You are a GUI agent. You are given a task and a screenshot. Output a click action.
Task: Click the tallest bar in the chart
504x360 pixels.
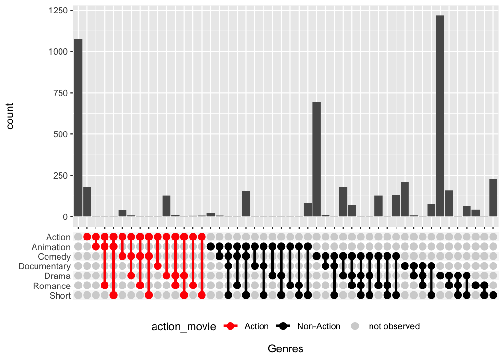(x=440, y=116)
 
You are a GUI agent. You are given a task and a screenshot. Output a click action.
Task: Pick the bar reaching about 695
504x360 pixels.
(x=316, y=159)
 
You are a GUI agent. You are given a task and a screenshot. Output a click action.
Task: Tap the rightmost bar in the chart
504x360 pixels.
(x=493, y=197)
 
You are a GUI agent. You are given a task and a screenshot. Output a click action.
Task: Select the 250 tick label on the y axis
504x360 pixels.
(x=60, y=176)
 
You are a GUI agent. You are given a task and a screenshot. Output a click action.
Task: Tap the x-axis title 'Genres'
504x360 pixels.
(x=286, y=349)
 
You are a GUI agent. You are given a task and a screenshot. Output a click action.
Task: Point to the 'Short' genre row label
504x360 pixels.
(x=60, y=295)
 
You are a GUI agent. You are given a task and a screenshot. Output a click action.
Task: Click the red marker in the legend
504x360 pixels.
(x=231, y=326)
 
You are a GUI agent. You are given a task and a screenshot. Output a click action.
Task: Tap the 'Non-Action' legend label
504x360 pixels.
(x=319, y=326)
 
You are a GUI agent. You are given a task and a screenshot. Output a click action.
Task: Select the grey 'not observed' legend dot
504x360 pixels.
(x=355, y=326)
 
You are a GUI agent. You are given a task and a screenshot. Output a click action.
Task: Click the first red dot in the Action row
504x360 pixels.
(x=87, y=237)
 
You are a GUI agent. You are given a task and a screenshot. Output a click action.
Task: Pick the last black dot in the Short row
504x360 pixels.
(x=493, y=295)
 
